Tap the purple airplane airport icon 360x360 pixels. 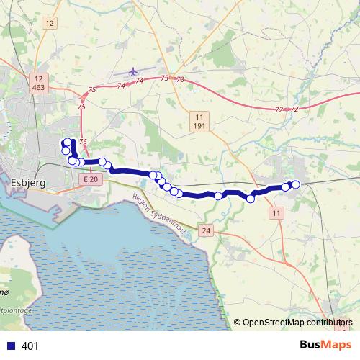pyautogui.click(x=133, y=72)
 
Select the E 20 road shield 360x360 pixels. pyautogui.click(x=89, y=179)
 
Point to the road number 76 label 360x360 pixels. pyautogui.click(x=84, y=142)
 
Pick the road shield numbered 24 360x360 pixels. pyautogui.click(x=207, y=231)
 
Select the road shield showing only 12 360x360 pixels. pyautogui.click(x=49, y=24)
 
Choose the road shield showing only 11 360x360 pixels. pyautogui.click(x=277, y=214)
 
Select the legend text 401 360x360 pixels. pyautogui.click(x=30, y=346)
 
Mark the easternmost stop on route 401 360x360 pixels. pyautogui.click(x=295, y=184)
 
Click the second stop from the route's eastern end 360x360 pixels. pyautogui.click(x=286, y=187)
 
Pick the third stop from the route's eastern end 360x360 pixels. pyautogui.click(x=251, y=199)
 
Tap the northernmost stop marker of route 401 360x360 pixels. pyautogui.click(x=68, y=143)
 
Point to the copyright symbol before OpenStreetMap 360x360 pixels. pyautogui.click(x=237, y=323)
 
